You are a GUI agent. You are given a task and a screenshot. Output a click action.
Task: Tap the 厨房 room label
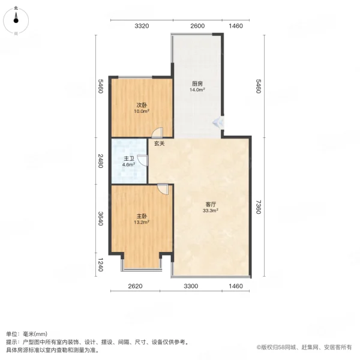[x=197, y=83]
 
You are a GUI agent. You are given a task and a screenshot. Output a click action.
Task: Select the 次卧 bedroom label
[x=141, y=104]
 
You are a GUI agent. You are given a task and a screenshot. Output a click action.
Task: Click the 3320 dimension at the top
[x=141, y=26]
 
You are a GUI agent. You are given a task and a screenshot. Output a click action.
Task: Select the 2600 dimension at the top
[x=197, y=26]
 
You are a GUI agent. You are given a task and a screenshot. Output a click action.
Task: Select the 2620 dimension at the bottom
[x=134, y=286]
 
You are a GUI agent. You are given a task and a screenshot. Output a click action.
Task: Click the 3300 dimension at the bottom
[x=191, y=286]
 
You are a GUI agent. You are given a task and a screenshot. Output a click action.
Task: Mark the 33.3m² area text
[x=210, y=211]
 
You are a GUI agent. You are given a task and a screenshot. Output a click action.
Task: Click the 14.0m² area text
[x=197, y=90]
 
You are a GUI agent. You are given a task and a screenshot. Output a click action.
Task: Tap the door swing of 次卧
[x=156, y=134]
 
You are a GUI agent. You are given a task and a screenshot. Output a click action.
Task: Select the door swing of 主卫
[x=143, y=160]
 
